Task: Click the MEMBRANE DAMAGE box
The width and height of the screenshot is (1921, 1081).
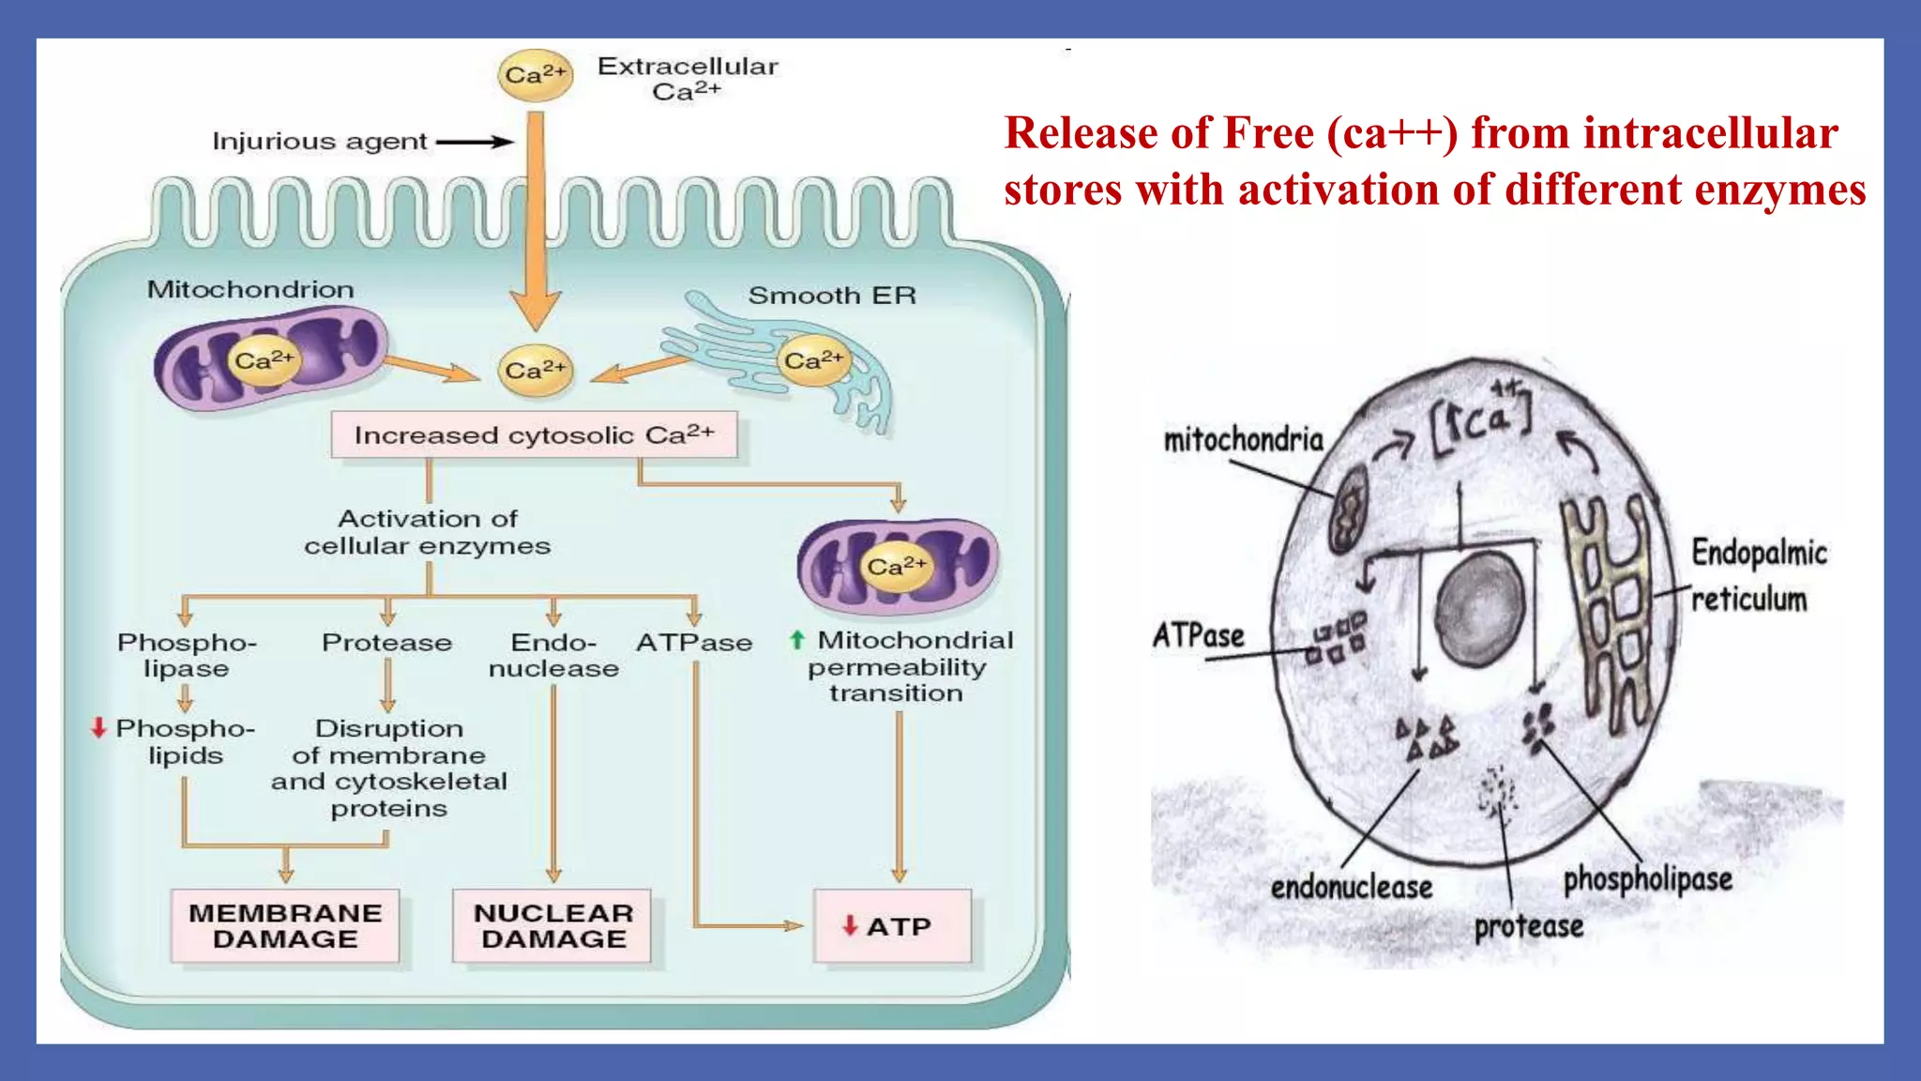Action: click(x=285, y=926)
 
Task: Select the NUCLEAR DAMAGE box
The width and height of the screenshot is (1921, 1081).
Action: click(x=553, y=926)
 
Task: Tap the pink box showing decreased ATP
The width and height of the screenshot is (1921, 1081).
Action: click(x=892, y=926)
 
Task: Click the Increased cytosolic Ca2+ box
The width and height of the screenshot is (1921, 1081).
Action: click(x=534, y=435)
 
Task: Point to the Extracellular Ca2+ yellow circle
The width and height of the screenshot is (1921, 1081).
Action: click(x=535, y=75)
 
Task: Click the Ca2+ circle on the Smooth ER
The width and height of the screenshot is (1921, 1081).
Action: click(x=813, y=360)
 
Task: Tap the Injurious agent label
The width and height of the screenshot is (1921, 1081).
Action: click(x=319, y=142)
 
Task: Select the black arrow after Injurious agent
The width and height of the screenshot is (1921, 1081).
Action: click(x=475, y=142)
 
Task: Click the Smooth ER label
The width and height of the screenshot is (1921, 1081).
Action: click(x=831, y=296)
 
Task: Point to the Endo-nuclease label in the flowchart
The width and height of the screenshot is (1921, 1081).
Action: click(x=553, y=655)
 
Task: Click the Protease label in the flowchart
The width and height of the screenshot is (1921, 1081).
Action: click(x=386, y=643)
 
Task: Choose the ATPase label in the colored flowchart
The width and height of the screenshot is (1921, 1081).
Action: click(x=694, y=643)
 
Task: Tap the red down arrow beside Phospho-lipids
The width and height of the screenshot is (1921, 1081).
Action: click(x=98, y=727)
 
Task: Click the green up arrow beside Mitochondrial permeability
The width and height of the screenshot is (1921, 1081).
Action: click(x=797, y=640)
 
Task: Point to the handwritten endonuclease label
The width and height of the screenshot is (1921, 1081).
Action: click(x=1351, y=887)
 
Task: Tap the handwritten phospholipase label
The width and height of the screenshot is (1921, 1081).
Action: click(x=1647, y=879)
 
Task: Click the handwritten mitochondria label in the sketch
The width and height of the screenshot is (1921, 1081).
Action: click(x=1243, y=439)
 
